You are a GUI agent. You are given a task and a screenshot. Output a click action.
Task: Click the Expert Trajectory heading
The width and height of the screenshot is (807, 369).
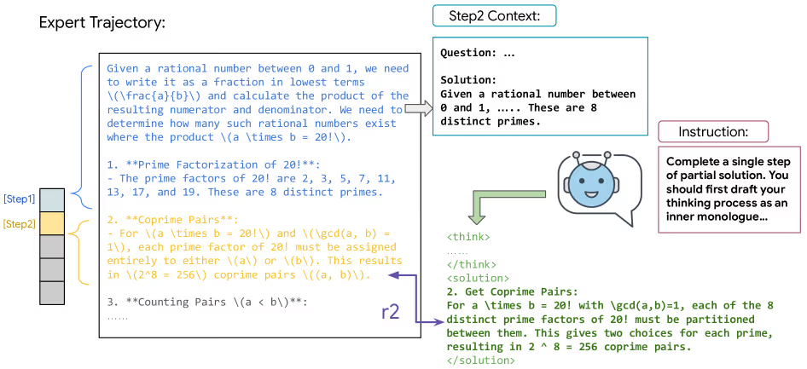point(102,24)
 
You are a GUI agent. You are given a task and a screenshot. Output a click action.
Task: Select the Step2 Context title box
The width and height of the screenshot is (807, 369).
point(495,16)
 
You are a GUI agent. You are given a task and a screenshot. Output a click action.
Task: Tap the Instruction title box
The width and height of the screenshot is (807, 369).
point(713,131)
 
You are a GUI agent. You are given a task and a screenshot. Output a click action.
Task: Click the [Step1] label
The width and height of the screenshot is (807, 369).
point(18,199)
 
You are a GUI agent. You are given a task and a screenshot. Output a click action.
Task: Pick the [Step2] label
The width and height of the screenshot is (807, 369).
point(18,224)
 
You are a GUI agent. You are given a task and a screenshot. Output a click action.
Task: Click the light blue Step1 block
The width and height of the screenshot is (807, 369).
point(52,200)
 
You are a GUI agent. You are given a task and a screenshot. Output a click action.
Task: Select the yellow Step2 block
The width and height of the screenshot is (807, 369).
point(52,223)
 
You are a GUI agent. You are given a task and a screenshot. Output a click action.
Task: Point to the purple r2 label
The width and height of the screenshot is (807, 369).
point(391,312)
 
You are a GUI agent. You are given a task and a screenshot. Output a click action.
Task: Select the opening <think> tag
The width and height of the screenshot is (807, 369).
point(468,238)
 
